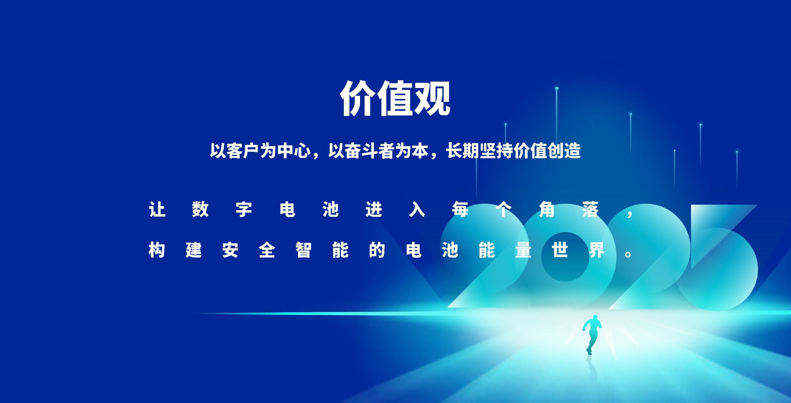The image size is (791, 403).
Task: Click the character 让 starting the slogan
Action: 157,210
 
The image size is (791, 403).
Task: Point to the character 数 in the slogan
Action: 201,210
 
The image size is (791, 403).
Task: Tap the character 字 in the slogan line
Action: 244,210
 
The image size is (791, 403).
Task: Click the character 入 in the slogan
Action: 417,210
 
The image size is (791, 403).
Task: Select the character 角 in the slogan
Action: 547,210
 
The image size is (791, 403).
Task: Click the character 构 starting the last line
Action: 157,250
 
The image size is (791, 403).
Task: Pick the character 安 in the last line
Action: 230,250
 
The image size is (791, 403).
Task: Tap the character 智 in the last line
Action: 304,250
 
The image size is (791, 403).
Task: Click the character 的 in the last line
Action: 377,250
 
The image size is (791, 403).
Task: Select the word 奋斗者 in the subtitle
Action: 370,151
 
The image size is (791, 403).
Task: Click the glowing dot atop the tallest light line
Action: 557,88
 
